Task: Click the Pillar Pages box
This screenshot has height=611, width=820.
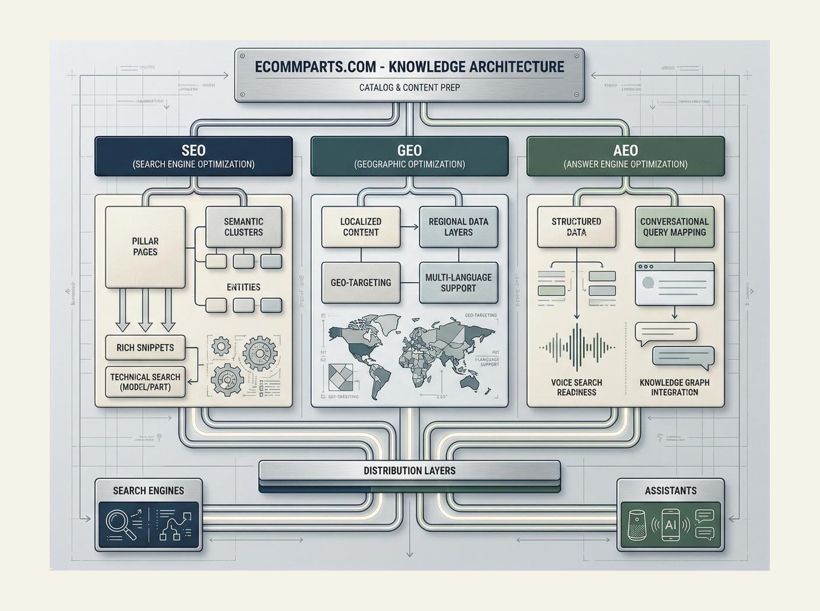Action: (145, 247)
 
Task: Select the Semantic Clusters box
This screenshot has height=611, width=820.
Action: (243, 227)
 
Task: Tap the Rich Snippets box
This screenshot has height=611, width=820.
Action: (145, 347)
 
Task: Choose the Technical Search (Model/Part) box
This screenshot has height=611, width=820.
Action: (145, 382)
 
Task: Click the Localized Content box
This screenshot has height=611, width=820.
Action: (361, 227)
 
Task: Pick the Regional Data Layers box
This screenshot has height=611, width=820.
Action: (458, 227)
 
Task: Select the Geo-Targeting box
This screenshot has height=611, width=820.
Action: (361, 282)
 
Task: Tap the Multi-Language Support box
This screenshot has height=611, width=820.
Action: (458, 282)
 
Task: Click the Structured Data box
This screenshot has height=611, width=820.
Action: (576, 227)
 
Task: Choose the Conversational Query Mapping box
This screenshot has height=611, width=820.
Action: (674, 227)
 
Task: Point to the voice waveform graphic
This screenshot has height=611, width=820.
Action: (577, 347)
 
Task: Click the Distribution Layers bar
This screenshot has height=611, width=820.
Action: (409, 471)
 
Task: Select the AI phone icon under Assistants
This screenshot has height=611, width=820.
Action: (670, 524)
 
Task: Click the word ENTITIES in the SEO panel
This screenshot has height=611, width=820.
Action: (243, 287)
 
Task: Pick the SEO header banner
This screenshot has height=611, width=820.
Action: (193, 156)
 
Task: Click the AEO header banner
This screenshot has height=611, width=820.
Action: (625, 156)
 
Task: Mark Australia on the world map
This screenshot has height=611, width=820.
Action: (470, 382)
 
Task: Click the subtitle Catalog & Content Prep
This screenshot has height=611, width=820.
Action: (409, 87)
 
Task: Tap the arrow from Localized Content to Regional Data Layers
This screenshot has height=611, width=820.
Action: (409, 227)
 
